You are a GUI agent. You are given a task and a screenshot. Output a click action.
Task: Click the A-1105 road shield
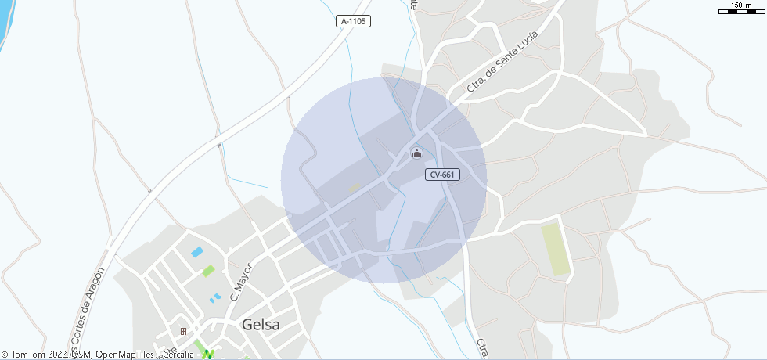354,22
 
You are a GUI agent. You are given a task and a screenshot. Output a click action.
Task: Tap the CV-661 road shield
443,175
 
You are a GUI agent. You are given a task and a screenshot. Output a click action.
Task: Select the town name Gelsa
261,325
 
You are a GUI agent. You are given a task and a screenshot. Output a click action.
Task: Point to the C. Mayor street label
239,282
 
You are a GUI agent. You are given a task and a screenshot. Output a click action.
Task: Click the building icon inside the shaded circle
416,153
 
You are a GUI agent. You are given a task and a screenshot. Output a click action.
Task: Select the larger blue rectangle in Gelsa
197,252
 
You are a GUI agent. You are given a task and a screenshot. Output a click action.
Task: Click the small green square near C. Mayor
208,271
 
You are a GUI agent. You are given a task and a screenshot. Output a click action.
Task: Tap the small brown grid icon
183,331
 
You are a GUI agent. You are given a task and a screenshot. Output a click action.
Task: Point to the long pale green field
556,249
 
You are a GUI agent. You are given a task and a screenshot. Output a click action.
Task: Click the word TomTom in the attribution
27,355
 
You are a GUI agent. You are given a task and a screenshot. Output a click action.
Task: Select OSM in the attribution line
81,355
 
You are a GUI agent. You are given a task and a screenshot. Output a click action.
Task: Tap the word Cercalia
178,355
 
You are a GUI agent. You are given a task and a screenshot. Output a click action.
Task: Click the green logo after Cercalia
208,355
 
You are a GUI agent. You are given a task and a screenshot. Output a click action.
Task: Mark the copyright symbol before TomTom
5,355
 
